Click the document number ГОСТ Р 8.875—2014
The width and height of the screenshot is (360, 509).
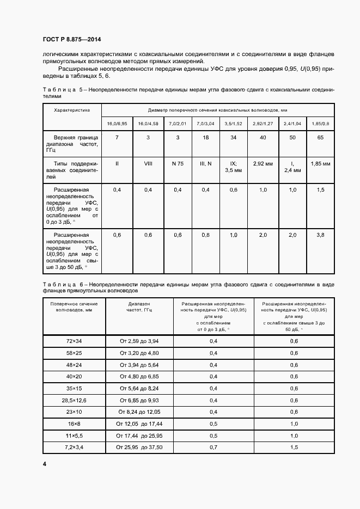point(71,39)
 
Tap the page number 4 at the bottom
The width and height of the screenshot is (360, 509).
point(45,463)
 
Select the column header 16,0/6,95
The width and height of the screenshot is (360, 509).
point(117,124)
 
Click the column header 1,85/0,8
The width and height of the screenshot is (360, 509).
point(320,124)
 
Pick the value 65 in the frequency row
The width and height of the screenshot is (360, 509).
point(320,138)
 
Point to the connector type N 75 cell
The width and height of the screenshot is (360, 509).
point(178,163)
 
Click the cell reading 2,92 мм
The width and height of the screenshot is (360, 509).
point(263,163)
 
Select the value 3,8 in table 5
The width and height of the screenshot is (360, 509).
point(320,235)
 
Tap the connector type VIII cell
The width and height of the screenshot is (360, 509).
point(148,163)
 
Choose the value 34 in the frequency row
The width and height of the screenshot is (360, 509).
point(233,138)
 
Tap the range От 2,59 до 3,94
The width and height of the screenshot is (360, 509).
point(139,341)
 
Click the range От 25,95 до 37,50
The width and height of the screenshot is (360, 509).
point(139,447)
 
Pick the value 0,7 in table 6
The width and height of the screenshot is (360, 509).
point(213,447)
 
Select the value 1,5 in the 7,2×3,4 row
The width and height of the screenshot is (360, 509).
point(294,447)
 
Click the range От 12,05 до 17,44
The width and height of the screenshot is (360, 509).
point(139,424)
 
